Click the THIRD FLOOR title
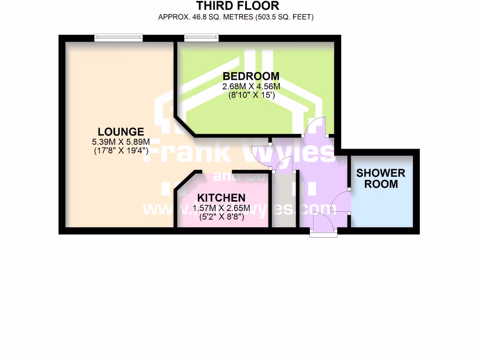tap(237, 6)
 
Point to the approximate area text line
tap(236, 17)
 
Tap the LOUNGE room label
tap(121, 131)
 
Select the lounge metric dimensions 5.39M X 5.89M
tap(121, 142)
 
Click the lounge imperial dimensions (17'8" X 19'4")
tap(121, 151)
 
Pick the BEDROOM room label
tap(251, 76)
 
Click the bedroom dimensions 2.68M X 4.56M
tap(251, 87)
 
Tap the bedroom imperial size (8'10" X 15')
tap(251, 95)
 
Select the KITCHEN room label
tap(221, 197)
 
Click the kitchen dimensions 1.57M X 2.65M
tap(221, 208)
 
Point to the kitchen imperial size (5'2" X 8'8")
tap(221, 217)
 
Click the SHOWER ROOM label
tap(381, 179)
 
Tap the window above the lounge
tap(118, 37)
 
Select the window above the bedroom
tap(202, 37)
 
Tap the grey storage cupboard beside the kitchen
tap(284, 202)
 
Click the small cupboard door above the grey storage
tap(284, 166)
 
